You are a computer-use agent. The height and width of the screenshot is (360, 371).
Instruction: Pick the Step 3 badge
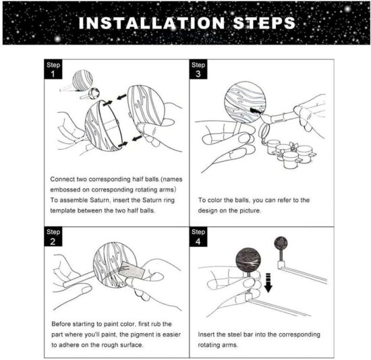pos(198,69)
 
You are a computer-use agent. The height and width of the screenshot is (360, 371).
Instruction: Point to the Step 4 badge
pos(198,235)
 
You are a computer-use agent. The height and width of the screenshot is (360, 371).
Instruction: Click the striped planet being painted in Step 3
pos(245,104)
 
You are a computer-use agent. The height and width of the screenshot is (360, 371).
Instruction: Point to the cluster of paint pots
pos(289,153)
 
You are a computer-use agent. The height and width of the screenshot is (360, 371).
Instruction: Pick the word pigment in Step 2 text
pos(137,334)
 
